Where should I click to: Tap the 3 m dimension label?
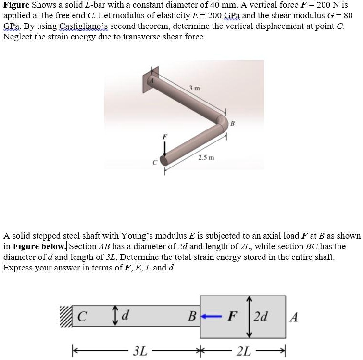[x=195, y=88]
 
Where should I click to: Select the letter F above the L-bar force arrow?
[x=165, y=137]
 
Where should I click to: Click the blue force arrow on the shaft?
[x=211, y=317]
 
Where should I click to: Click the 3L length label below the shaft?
[x=140, y=350]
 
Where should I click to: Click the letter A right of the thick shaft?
[x=295, y=317]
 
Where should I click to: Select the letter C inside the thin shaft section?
[x=82, y=317]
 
